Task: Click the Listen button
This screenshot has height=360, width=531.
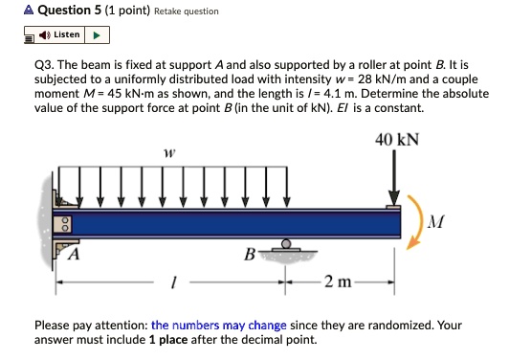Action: click(x=59, y=35)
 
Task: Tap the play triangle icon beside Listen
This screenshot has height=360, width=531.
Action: click(x=98, y=35)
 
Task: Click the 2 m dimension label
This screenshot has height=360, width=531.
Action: click(x=338, y=281)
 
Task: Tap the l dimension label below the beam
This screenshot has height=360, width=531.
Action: click(x=172, y=282)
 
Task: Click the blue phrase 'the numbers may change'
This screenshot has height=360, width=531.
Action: click(x=218, y=325)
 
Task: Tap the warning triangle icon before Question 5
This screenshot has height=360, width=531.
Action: click(x=10, y=11)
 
